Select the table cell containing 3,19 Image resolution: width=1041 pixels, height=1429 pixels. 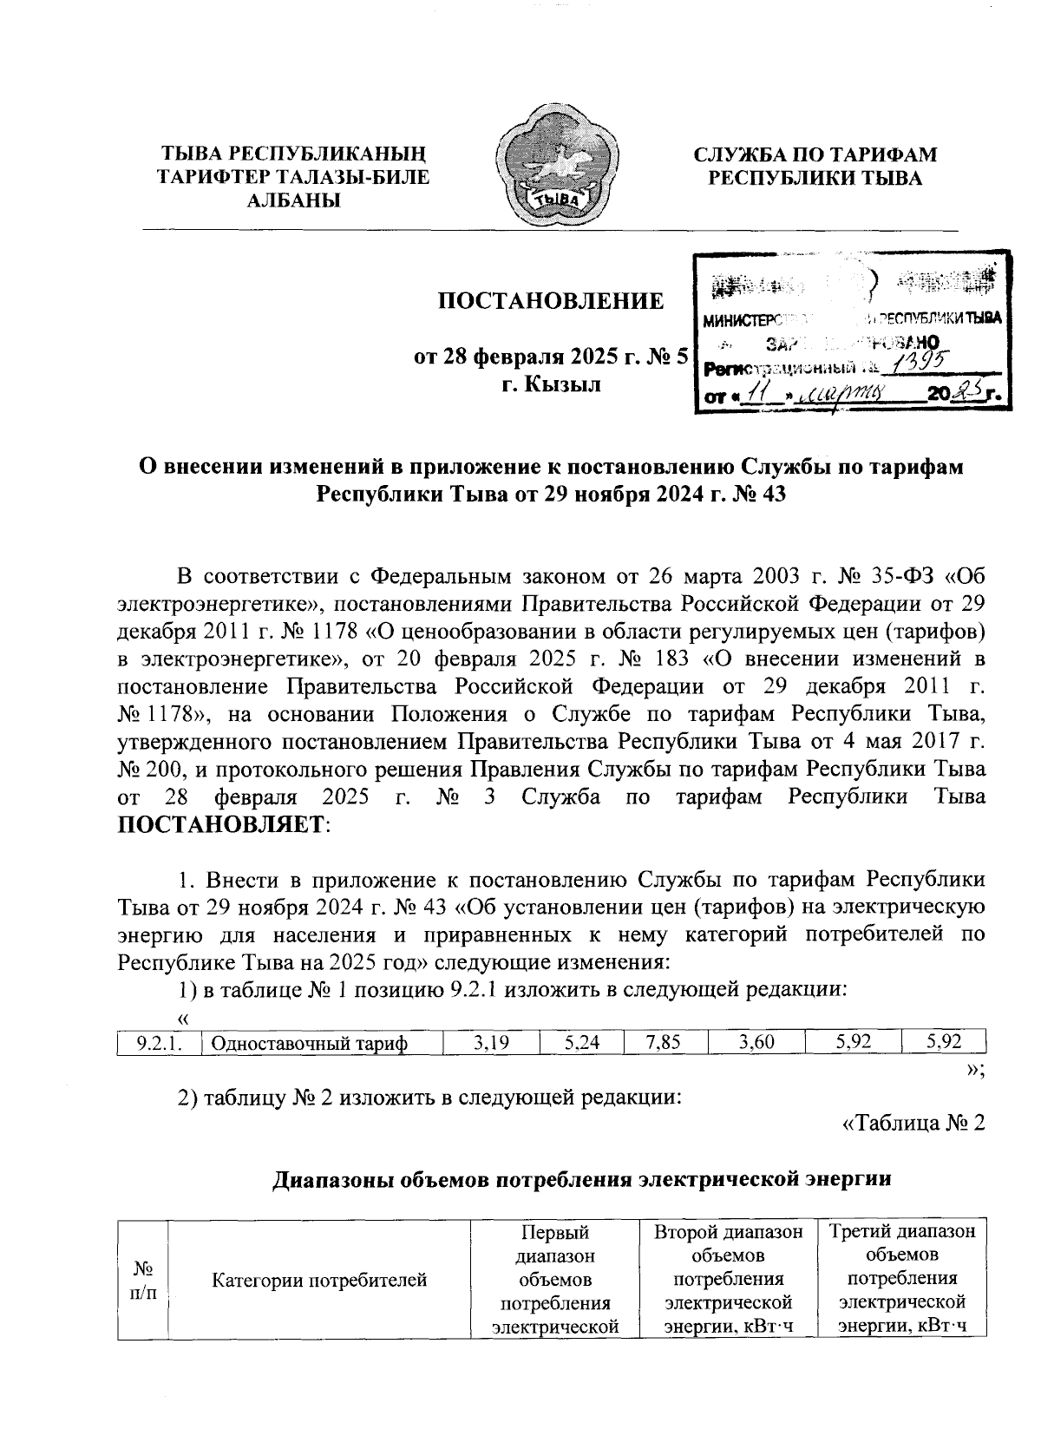(x=490, y=1044)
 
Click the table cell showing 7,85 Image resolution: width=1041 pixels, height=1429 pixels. (x=665, y=1044)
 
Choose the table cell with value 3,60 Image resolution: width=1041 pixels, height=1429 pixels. (x=756, y=1044)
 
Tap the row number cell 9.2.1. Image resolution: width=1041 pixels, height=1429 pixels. (x=158, y=1044)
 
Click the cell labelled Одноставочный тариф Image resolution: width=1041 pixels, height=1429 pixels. (x=321, y=1044)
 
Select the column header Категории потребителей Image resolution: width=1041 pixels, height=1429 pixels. (x=320, y=1278)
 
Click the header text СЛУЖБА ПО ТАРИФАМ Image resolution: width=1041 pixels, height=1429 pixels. (x=815, y=155)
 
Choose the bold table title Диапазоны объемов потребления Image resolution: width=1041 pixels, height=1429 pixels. (x=582, y=1180)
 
